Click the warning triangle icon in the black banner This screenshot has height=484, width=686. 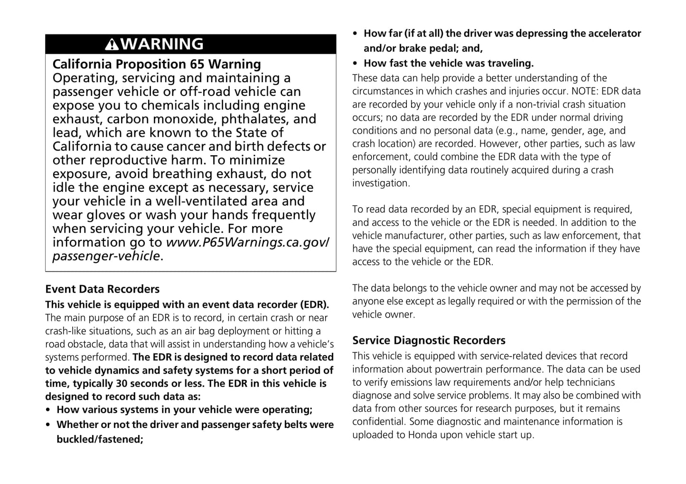tap(112, 45)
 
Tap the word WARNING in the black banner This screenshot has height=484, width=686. tap(162, 44)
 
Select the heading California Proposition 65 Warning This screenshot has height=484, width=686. tap(157, 64)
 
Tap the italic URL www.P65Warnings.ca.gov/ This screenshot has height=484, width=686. tap(247, 242)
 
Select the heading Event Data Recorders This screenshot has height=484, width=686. tap(102, 289)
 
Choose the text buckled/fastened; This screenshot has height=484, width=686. tap(100, 439)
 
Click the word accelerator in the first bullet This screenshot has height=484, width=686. tap(614, 33)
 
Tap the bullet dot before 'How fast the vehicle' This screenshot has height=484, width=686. tap(356, 63)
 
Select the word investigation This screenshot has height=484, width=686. tap(380, 183)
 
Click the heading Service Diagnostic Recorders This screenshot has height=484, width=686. tap(429, 341)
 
